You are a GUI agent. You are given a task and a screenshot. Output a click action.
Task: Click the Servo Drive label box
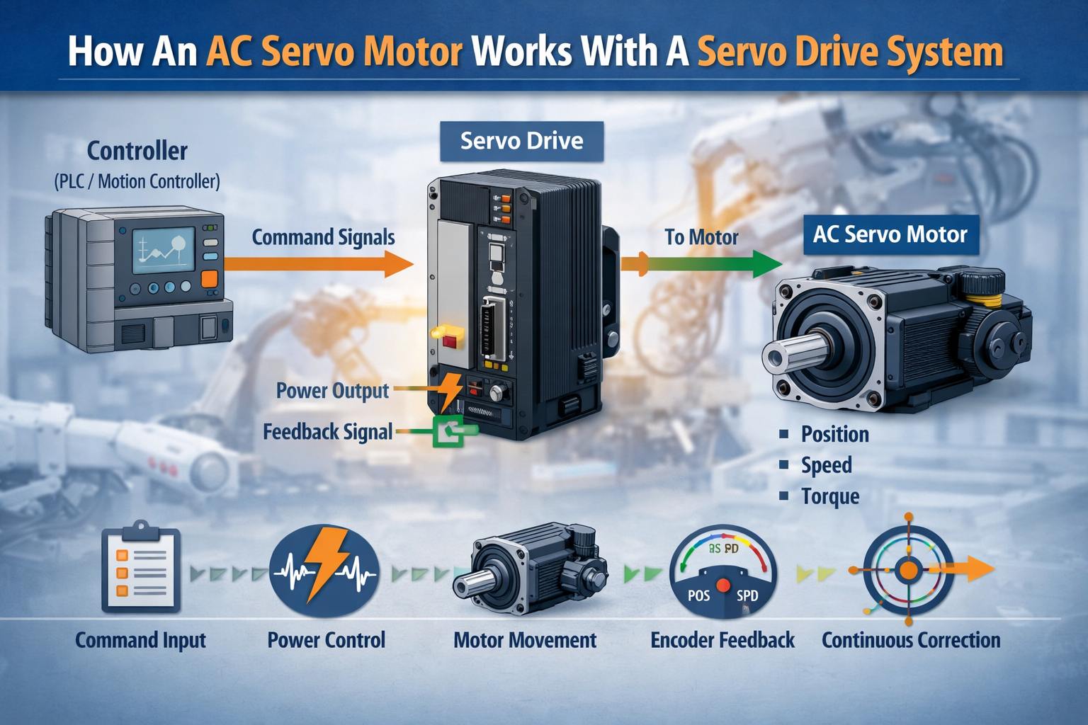pos(521,142)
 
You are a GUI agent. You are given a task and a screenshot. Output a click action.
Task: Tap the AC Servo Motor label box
pos(891,234)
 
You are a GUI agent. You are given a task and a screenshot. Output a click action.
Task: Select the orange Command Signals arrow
pos(319,264)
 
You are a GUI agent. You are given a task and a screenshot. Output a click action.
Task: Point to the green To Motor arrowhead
pos(767,264)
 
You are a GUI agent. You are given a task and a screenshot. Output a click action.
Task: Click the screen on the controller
pos(164,251)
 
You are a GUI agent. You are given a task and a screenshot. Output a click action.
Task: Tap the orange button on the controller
pos(210,280)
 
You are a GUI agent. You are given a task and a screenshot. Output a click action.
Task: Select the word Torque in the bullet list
pos(830,497)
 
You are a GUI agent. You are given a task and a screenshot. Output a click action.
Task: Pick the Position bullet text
pos(835,434)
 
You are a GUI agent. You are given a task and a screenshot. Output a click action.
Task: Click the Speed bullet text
pos(826,465)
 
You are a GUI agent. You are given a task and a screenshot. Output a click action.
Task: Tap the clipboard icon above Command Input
pos(141,566)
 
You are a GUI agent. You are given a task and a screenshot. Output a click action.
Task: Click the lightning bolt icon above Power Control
pos(324,570)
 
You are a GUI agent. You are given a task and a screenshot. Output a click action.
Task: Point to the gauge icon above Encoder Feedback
pos(723,571)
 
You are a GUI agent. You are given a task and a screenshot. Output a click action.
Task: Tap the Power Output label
pos(332,391)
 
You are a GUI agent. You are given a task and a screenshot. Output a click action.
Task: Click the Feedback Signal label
pos(327,432)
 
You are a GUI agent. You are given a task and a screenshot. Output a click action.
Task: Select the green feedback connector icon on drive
pos(448,430)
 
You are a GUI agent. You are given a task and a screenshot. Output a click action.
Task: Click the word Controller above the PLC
pos(137,151)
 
